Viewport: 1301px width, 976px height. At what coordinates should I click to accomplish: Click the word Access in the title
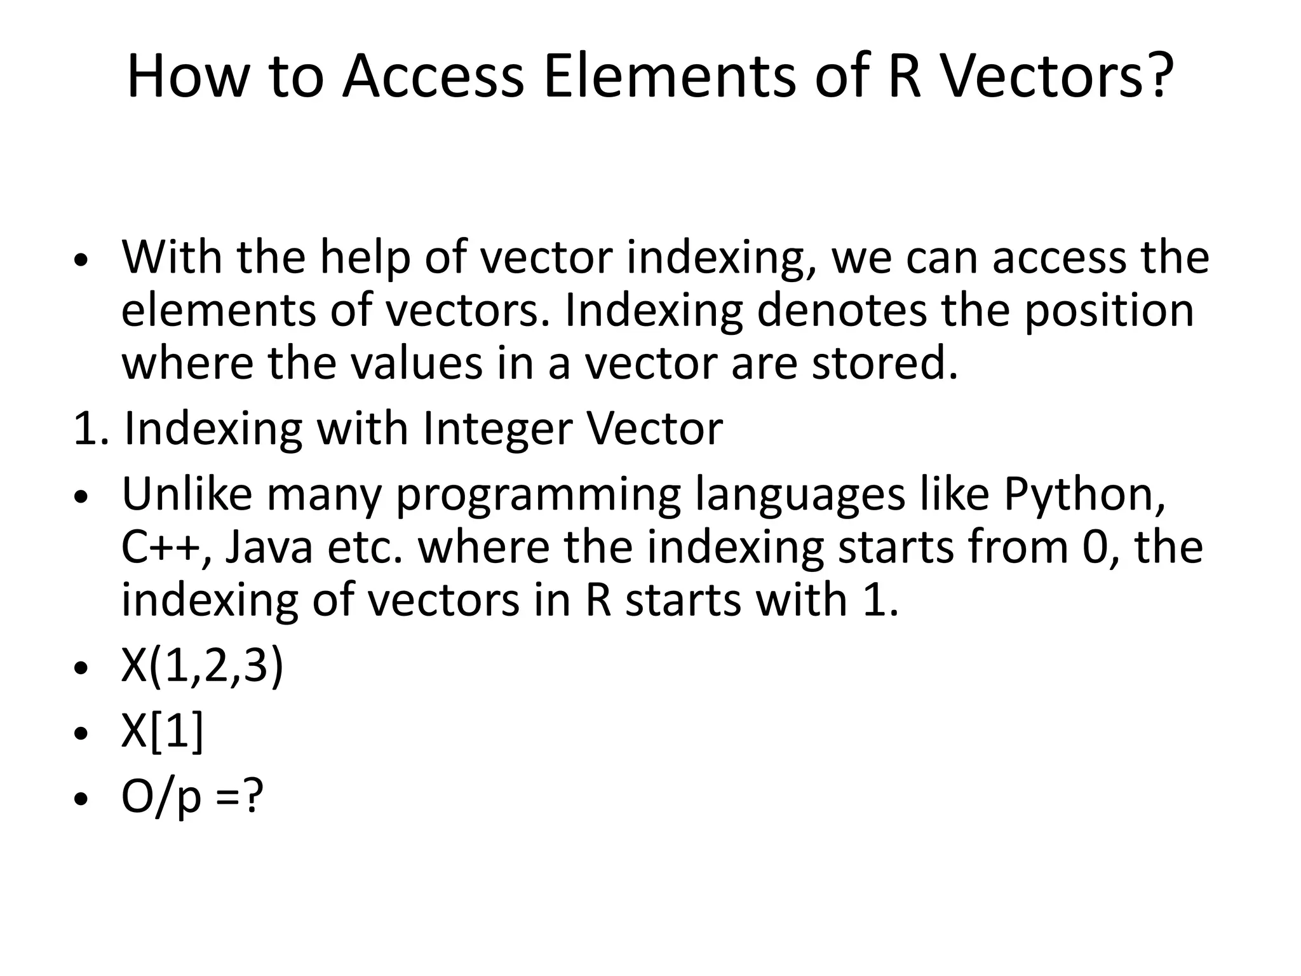[x=433, y=76]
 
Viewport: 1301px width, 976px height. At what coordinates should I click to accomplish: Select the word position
[x=1109, y=311]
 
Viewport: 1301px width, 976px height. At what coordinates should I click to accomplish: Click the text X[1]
[x=162, y=733]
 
